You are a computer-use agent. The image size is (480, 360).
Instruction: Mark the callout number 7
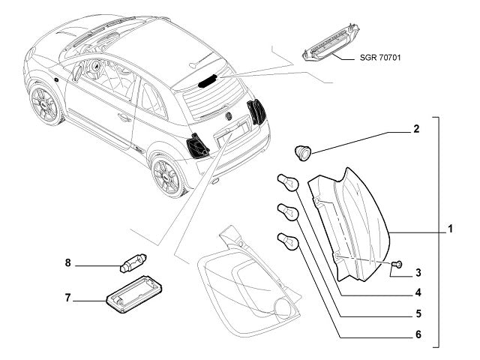67,298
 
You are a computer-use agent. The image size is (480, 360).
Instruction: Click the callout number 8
67,262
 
